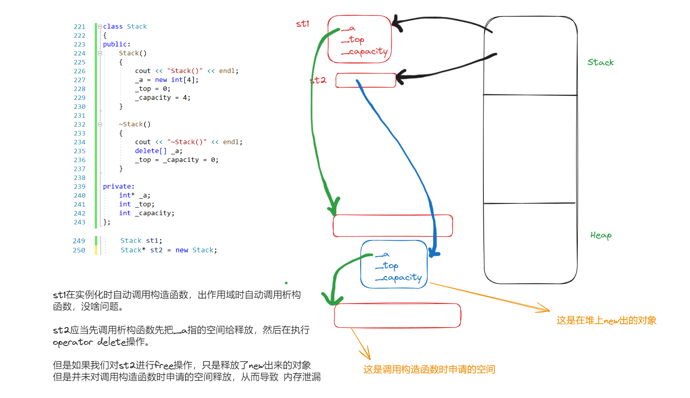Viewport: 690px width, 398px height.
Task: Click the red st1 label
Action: tap(302, 24)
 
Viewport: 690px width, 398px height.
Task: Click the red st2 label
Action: tap(318, 80)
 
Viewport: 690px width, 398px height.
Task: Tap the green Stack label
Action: tap(600, 62)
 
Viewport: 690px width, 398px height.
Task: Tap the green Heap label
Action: tap(601, 235)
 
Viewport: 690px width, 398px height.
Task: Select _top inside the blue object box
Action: tap(387, 266)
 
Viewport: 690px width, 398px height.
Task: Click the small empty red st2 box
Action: tap(365, 81)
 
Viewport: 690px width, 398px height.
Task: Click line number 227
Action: tap(79, 80)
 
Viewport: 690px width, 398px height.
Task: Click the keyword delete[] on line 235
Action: tap(151, 151)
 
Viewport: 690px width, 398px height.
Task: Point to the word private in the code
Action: tap(117, 187)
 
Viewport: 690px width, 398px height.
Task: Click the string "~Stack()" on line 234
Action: tap(187, 142)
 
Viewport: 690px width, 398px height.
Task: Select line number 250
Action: tap(79, 250)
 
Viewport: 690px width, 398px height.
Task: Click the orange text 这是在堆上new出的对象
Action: tap(606, 321)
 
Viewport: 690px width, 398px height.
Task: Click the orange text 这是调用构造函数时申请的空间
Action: tap(429, 369)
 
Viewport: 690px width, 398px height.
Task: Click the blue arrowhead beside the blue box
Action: tap(434, 253)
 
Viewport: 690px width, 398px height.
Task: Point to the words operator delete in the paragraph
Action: tap(89, 342)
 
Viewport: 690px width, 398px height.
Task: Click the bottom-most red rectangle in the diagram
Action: tap(397, 316)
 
